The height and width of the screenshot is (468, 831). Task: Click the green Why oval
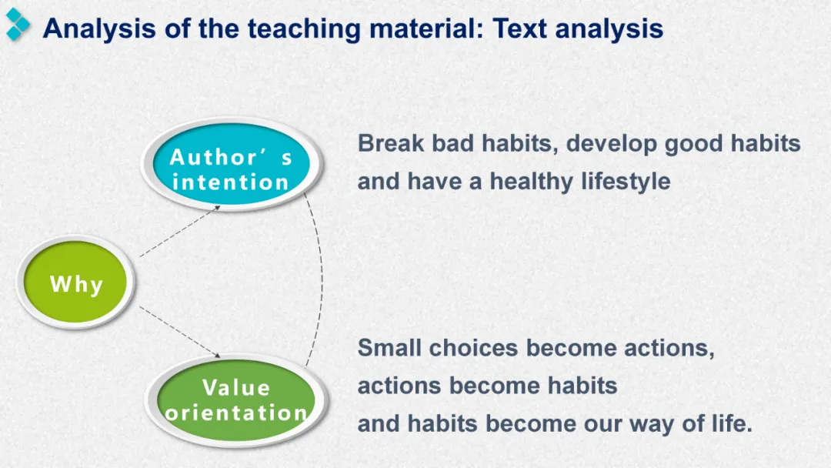pyautogui.click(x=75, y=282)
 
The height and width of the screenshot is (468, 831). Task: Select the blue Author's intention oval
pyautogui.click(x=232, y=164)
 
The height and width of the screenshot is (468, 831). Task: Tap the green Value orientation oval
pyautogui.click(x=236, y=400)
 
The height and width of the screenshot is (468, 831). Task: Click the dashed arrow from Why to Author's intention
pyautogui.click(x=179, y=231)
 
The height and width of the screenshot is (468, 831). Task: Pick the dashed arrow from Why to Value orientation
pyautogui.click(x=179, y=332)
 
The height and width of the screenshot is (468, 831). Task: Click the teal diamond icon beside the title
pyautogui.click(x=18, y=25)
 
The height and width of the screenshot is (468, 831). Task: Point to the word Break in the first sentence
pyautogui.click(x=391, y=143)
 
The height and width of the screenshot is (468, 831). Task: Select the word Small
pyautogui.click(x=389, y=348)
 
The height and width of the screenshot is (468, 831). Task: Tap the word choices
pyautogui.click(x=473, y=348)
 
